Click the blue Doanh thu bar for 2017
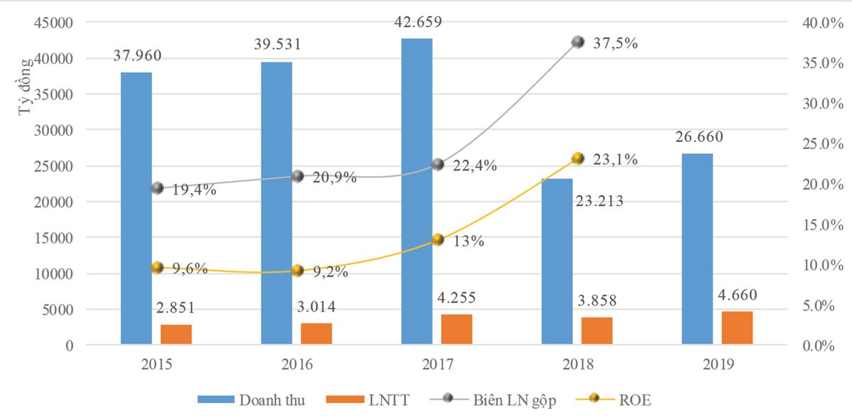[417, 192]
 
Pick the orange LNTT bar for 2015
[176, 334]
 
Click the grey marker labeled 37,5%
[578, 42]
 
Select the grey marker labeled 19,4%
[158, 188]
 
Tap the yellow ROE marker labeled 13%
[438, 240]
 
